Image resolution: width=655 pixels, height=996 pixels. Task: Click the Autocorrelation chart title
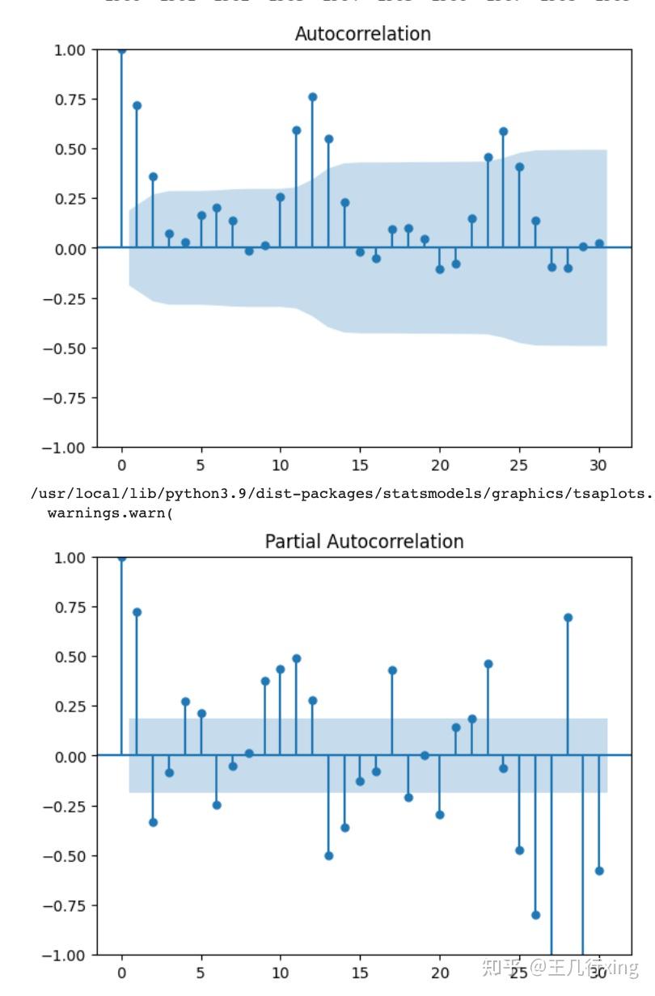tap(362, 34)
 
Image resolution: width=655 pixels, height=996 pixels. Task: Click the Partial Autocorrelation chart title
tap(364, 542)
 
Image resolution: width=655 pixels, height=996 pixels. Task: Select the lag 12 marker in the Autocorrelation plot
tap(312, 97)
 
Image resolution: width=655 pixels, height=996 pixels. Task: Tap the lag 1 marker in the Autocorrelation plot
tap(137, 106)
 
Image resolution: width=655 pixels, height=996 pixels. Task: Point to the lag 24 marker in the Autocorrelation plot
tap(503, 131)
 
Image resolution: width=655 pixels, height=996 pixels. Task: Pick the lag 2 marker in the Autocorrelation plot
tap(153, 177)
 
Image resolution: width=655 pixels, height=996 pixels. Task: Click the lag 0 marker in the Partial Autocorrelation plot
tap(121, 557)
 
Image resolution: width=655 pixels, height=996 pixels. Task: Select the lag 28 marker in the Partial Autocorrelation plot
tap(568, 618)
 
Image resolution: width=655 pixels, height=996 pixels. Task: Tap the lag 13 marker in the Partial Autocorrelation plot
tap(328, 855)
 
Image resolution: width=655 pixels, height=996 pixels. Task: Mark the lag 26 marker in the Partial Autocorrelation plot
tap(535, 915)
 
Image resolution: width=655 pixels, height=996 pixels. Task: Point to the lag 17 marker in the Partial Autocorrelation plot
tap(392, 670)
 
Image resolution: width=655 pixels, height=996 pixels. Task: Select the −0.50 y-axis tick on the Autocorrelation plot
tap(65, 348)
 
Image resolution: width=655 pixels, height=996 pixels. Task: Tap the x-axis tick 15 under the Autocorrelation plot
tap(360, 466)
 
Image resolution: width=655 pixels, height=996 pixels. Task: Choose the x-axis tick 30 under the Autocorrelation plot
tap(598, 466)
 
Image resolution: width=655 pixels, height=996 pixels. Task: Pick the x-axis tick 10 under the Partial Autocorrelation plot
tap(280, 973)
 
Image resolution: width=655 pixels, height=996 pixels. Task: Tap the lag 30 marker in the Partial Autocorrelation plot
tap(599, 871)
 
